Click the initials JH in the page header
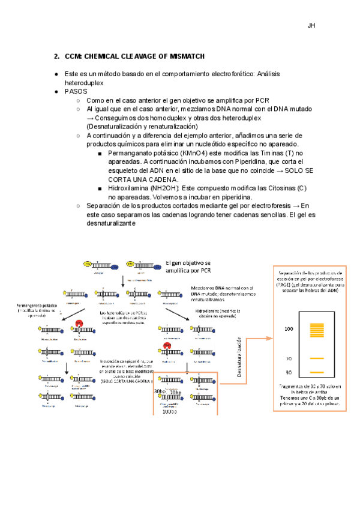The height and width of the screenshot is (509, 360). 311,26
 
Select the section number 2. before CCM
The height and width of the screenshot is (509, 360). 56,56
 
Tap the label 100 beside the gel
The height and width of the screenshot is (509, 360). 289,329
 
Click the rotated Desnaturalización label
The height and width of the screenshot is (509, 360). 238,360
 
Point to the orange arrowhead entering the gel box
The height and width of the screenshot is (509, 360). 270,338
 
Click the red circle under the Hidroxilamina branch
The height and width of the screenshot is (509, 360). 165,347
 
